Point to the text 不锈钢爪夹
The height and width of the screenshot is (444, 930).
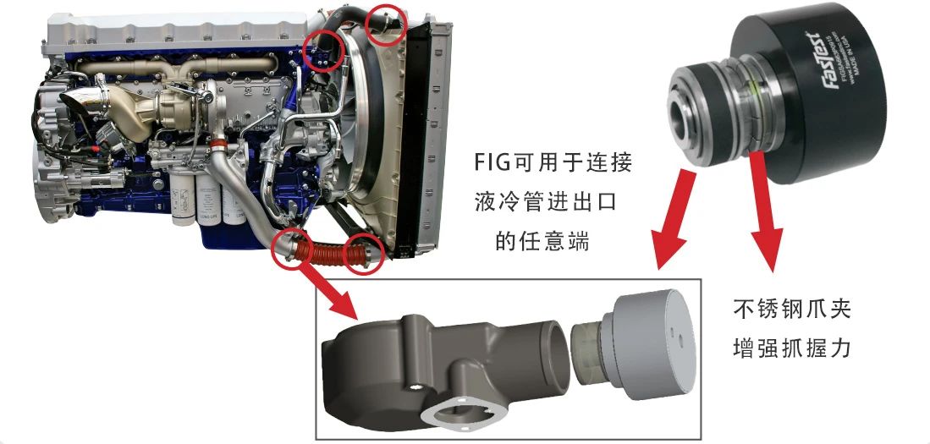coord(791,310)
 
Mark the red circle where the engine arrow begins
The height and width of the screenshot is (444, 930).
coord(290,246)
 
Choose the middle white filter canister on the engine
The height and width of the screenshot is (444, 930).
coord(211,203)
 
